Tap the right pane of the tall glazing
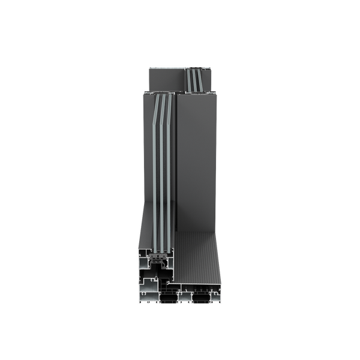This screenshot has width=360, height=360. pyautogui.click(x=169, y=180)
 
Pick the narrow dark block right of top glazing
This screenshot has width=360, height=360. pyautogui.click(x=209, y=79)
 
